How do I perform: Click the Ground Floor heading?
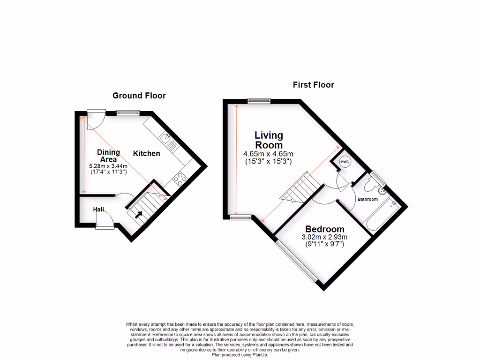point(139,96)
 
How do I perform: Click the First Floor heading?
point(313,85)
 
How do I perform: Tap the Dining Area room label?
point(108,156)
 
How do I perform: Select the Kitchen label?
point(147,153)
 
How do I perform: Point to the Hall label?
point(98,209)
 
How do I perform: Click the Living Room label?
point(269,140)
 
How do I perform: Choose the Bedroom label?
point(324,229)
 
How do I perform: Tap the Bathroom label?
point(367,199)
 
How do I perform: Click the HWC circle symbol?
point(345,162)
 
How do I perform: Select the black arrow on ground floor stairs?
point(139,215)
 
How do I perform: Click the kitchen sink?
point(165,138)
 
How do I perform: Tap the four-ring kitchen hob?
point(180,179)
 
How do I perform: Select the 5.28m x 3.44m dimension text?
point(108,166)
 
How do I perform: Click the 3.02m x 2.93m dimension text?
point(324,238)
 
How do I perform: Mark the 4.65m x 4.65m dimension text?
point(268,153)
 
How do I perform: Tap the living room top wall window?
point(259,99)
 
